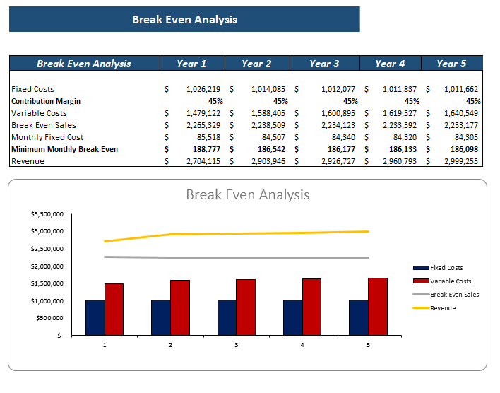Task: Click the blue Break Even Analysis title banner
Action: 184,19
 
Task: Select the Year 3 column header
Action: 324,64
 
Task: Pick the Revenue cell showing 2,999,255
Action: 461,162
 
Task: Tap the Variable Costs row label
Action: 40,114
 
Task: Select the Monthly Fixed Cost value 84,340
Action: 335,138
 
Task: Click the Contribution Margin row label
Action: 46,102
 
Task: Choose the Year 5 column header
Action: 451,64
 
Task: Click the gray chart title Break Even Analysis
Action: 247,194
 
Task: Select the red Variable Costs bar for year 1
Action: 114,309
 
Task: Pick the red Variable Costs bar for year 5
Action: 378,306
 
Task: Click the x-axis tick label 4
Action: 302,345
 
